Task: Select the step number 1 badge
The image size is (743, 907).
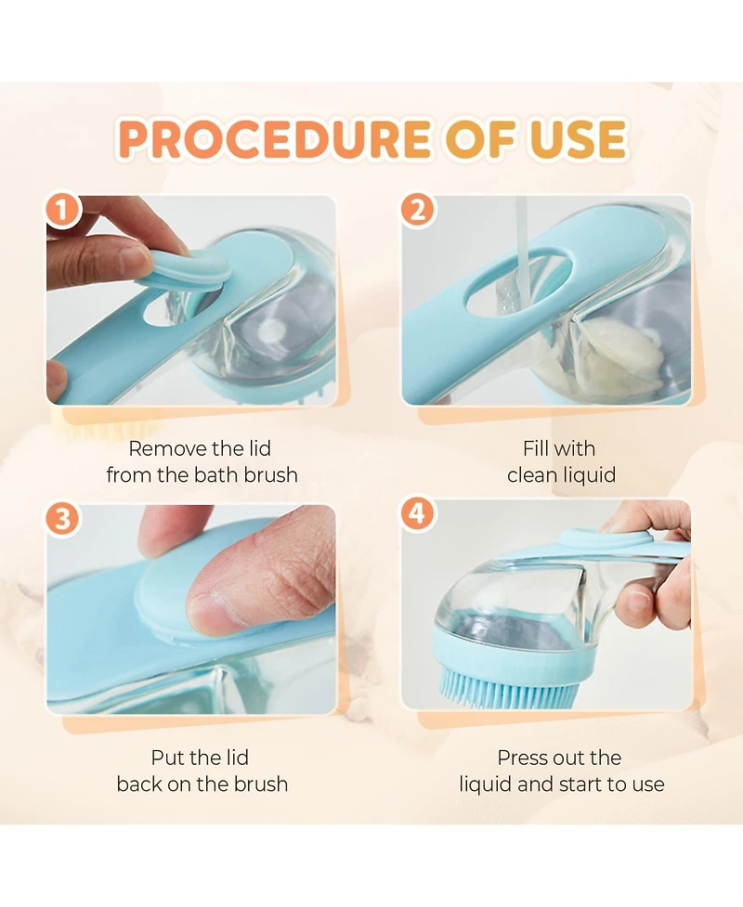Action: (x=63, y=211)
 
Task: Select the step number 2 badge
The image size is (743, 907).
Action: (x=417, y=211)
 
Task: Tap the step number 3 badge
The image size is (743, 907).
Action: (x=63, y=518)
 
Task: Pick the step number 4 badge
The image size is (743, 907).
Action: (x=417, y=513)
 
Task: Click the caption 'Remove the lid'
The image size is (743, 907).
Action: (x=200, y=449)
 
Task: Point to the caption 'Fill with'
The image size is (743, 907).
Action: (x=561, y=449)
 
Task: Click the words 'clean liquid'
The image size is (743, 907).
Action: (x=561, y=475)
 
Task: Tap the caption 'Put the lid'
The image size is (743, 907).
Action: (x=200, y=758)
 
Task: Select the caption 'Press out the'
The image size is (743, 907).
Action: (x=559, y=758)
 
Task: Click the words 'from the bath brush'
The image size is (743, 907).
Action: (x=202, y=475)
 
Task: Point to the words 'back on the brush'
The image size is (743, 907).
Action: (x=202, y=784)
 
